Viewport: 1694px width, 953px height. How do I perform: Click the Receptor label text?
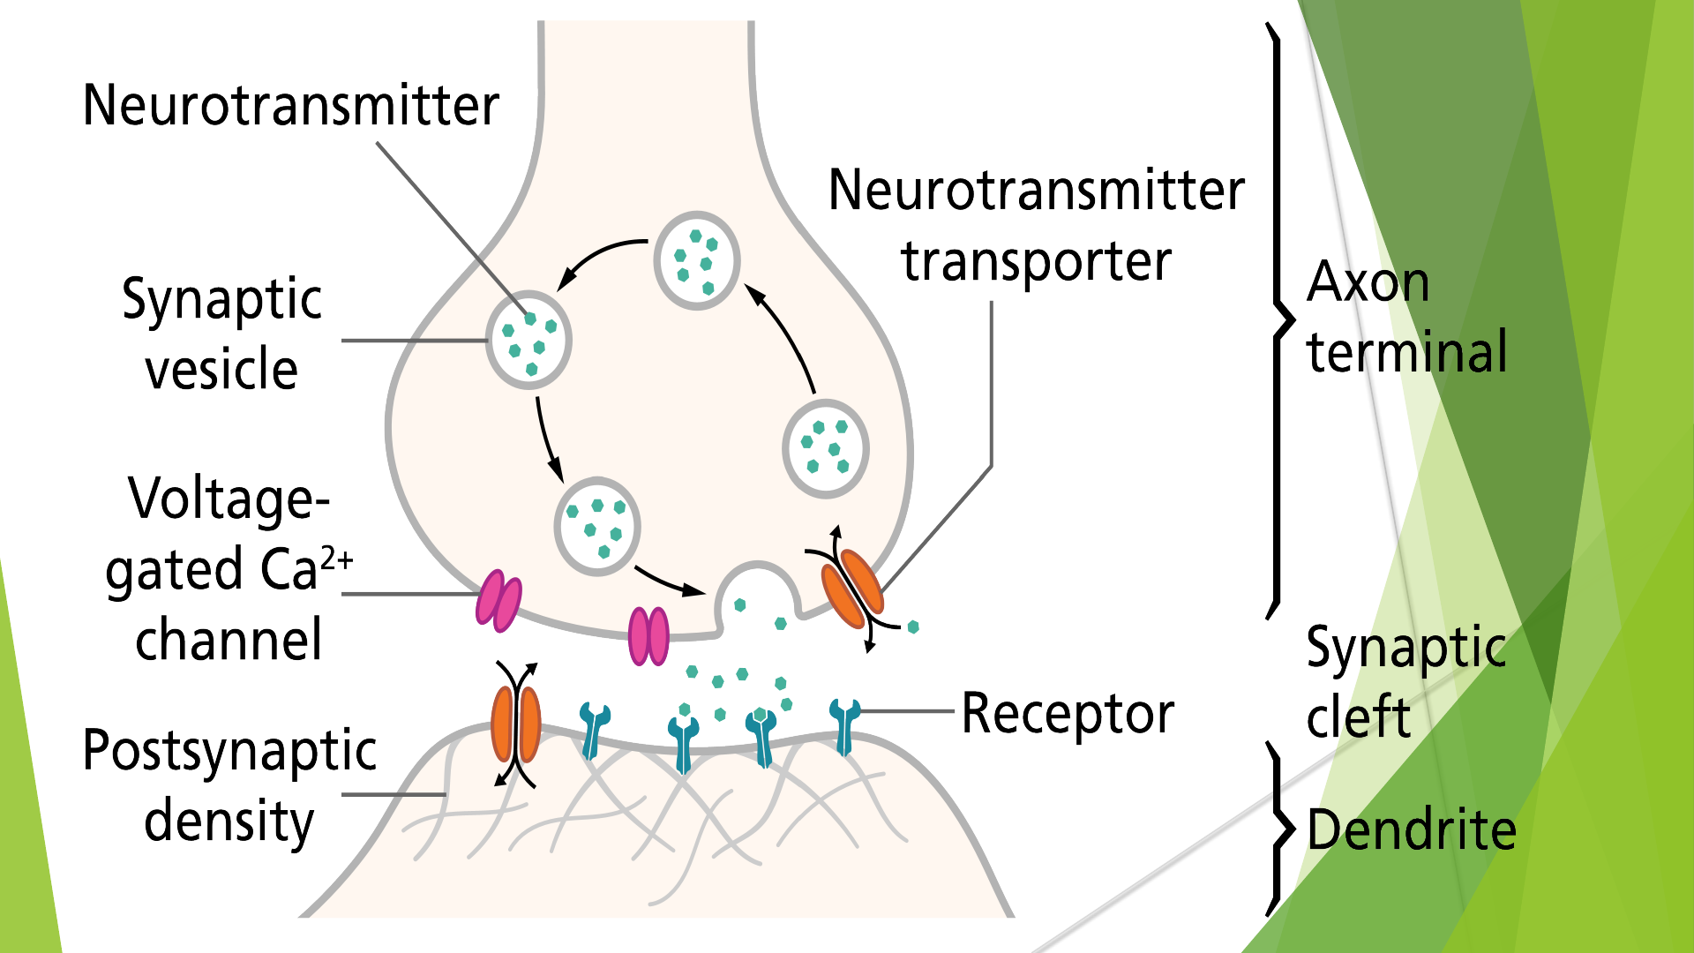[x=1068, y=713]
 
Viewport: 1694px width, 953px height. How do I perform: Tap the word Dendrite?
[x=1411, y=830]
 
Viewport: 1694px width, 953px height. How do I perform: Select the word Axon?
[x=1368, y=282]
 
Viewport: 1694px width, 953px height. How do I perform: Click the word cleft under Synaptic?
[x=1358, y=716]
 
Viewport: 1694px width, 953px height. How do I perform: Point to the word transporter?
[x=1036, y=262]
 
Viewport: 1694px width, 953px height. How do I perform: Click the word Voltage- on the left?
[x=229, y=499]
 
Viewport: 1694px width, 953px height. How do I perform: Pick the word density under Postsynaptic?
[x=229, y=822]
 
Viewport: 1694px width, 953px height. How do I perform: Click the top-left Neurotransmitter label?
[x=290, y=105]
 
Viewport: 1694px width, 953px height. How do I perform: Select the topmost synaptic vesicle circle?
[x=697, y=260]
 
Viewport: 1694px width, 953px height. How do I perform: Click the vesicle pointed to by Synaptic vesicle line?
[x=529, y=341]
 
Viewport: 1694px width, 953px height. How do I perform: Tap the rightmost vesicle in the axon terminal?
[x=826, y=448]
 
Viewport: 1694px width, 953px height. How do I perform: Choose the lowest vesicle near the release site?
[x=597, y=527]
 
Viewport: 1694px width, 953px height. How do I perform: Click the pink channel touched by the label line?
[x=498, y=601]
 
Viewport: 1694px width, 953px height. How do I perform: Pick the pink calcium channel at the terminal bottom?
[x=648, y=635]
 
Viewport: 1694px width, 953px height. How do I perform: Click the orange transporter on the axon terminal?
[x=852, y=587]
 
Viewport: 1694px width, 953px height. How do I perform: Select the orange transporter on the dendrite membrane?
[x=516, y=724]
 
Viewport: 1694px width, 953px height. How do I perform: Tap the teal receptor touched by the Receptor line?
[x=845, y=725]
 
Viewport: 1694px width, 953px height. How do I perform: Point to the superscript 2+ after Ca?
[x=337, y=559]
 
